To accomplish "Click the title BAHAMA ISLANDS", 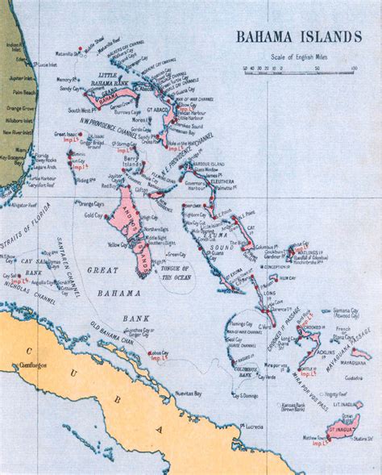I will pos(298,36).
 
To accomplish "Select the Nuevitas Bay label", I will pos(188,394).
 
